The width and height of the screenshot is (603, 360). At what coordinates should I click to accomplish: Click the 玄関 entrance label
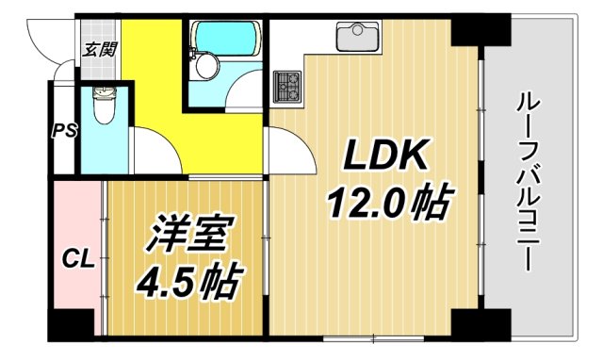pyautogui.click(x=99, y=49)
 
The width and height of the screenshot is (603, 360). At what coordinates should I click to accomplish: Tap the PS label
pyautogui.click(x=63, y=130)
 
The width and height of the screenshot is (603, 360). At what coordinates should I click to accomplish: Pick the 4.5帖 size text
pyautogui.click(x=187, y=280)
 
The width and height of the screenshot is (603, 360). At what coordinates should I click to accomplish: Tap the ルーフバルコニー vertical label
pyautogui.click(x=530, y=179)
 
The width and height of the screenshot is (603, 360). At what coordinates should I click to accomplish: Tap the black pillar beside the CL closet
pyautogui.click(x=72, y=322)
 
